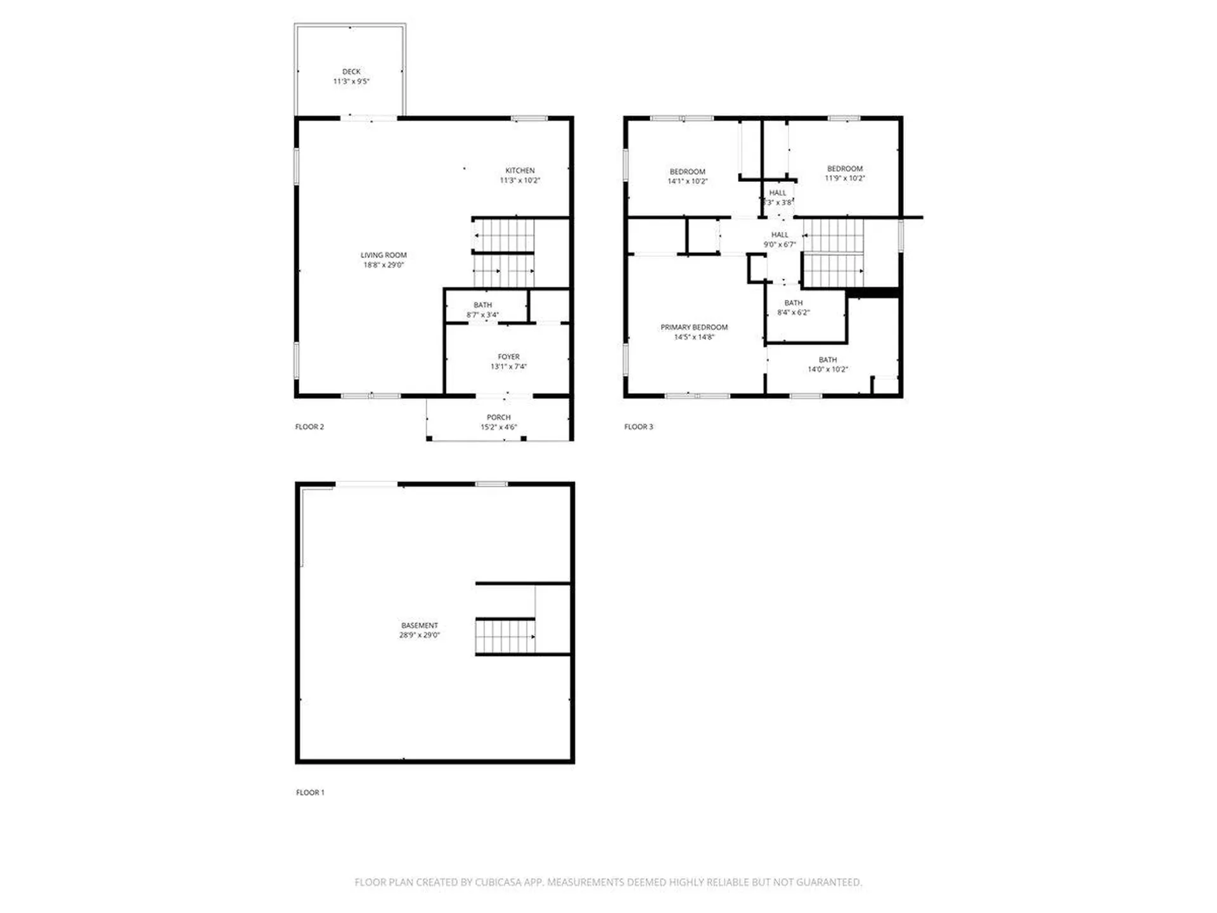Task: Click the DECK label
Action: click(x=351, y=72)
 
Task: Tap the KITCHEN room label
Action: click(x=520, y=171)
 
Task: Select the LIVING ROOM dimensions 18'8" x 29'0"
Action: click(x=383, y=265)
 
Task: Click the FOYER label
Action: click(x=508, y=357)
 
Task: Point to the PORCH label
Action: click(x=498, y=417)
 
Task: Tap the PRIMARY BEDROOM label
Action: click(x=694, y=327)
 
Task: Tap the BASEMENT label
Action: click(x=419, y=625)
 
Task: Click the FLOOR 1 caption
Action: click(x=310, y=793)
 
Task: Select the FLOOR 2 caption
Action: click(x=309, y=427)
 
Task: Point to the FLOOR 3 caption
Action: click(x=638, y=427)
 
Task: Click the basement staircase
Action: click(x=505, y=637)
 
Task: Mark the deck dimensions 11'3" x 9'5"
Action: click(x=351, y=81)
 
